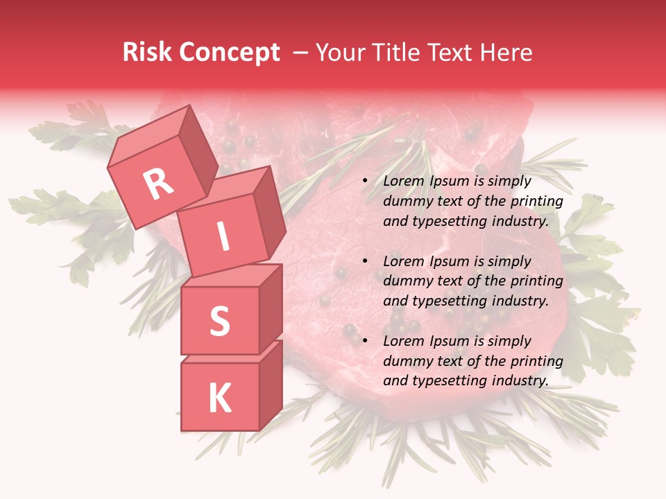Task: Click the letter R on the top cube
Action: click(158, 184)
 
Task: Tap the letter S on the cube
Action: click(219, 321)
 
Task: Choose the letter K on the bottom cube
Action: click(219, 398)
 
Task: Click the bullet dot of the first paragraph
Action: click(364, 182)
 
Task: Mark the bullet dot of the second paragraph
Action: click(364, 261)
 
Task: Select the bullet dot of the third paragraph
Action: click(364, 341)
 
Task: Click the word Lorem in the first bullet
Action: click(402, 182)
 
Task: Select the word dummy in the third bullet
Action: click(404, 361)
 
